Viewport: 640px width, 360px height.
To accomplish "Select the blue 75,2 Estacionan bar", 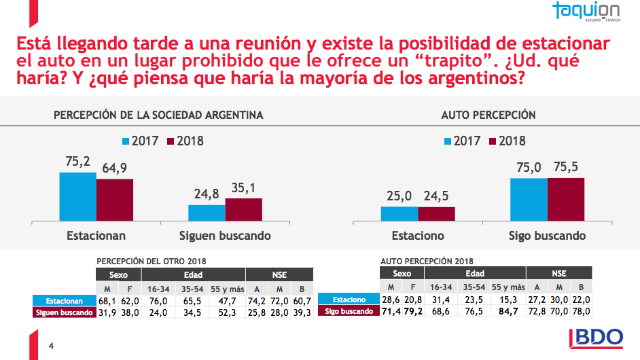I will [77, 196].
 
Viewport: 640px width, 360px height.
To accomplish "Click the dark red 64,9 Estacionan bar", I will [115, 200].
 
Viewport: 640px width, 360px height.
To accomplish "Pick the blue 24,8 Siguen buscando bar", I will [207, 213].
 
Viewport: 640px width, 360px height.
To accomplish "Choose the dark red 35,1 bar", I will [243, 209].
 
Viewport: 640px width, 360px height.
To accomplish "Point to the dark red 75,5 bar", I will [565, 199].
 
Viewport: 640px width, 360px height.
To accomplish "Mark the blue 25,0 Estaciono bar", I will [399, 213].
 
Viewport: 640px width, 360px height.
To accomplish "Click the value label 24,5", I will [436, 196].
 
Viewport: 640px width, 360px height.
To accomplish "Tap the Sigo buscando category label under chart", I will [547, 236].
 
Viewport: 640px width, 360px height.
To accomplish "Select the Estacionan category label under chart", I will [96, 236].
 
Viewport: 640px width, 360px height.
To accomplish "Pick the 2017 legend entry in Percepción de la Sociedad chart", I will [139, 141].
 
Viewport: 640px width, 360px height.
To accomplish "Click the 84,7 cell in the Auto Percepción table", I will [508, 311].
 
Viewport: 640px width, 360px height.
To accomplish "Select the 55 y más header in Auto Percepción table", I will [508, 287].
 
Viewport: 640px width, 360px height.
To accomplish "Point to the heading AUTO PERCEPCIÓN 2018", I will [427, 261].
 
